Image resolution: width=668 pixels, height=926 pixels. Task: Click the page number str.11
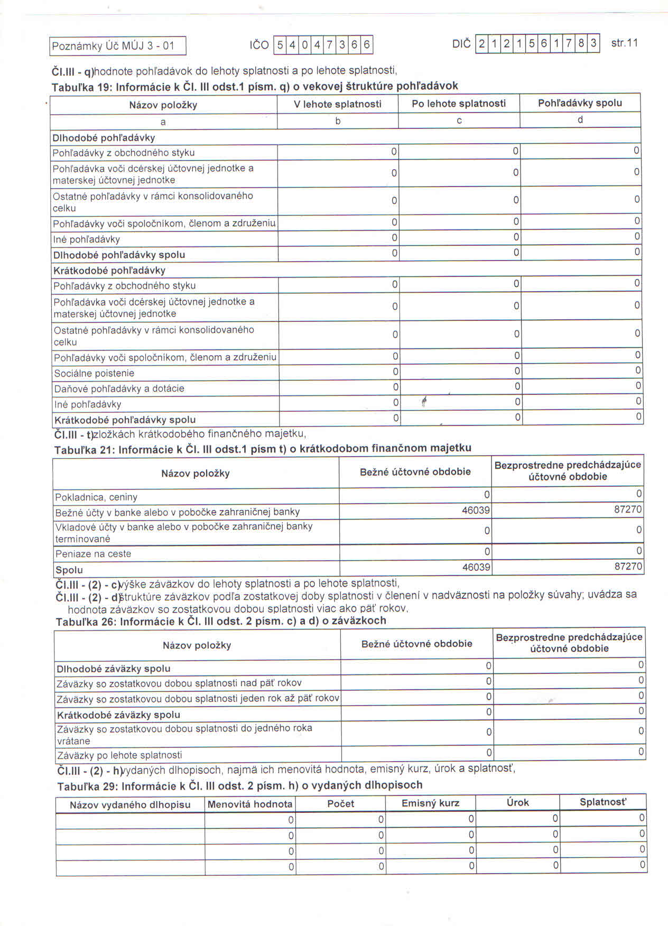tap(624, 43)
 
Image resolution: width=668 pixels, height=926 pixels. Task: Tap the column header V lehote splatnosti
tap(338, 104)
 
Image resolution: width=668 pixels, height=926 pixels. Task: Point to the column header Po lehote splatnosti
tap(459, 104)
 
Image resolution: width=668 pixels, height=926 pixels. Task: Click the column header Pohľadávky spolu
tap(580, 103)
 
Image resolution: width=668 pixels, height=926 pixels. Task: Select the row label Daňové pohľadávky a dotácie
tap(119, 388)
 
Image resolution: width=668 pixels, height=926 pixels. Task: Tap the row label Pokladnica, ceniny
tap(96, 497)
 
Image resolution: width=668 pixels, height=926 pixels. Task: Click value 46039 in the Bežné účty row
tap(476, 511)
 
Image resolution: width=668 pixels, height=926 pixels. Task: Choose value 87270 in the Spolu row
tap(628, 566)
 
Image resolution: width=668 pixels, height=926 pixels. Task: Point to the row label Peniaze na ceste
tap(93, 554)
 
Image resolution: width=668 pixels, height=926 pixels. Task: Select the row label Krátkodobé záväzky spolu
tap(118, 715)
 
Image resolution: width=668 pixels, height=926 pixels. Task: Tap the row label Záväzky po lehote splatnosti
tap(119, 755)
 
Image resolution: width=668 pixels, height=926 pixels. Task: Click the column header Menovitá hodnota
tap(250, 804)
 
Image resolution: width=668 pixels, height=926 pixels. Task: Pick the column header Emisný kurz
tap(430, 803)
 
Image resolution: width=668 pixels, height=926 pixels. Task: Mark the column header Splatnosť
tap(603, 802)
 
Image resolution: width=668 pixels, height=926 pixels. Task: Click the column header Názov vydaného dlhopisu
tap(130, 805)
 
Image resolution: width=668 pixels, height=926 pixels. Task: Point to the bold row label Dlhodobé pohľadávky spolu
tap(119, 255)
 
